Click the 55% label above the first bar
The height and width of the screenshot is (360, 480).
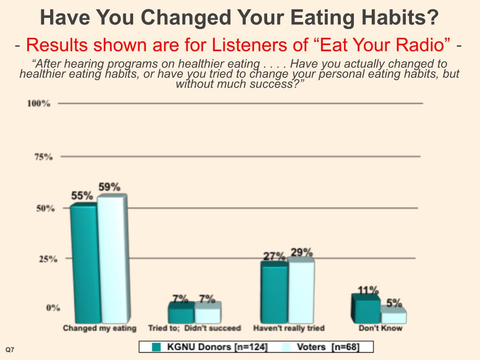pyautogui.click(x=82, y=195)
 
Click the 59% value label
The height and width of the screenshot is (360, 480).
pyautogui.click(x=109, y=187)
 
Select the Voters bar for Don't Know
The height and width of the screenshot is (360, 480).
pyautogui.click(x=393, y=317)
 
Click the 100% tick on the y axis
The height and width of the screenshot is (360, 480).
pyautogui.click(x=39, y=104)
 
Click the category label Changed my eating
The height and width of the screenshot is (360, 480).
pyautogui.click(x=99, y=328)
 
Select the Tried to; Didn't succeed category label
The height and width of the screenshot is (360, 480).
pyautogui.click(x=194, y=328)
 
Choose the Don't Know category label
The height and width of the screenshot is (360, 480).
pyautogui.click(x=381, y=328)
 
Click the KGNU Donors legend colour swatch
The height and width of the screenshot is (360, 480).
pyautogui.click(x=157, y=347)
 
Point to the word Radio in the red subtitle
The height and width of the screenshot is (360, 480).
pyautogui.click(x=424, y=45)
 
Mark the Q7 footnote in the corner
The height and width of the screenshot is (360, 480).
pyautogui.click(x=9, y=350)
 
